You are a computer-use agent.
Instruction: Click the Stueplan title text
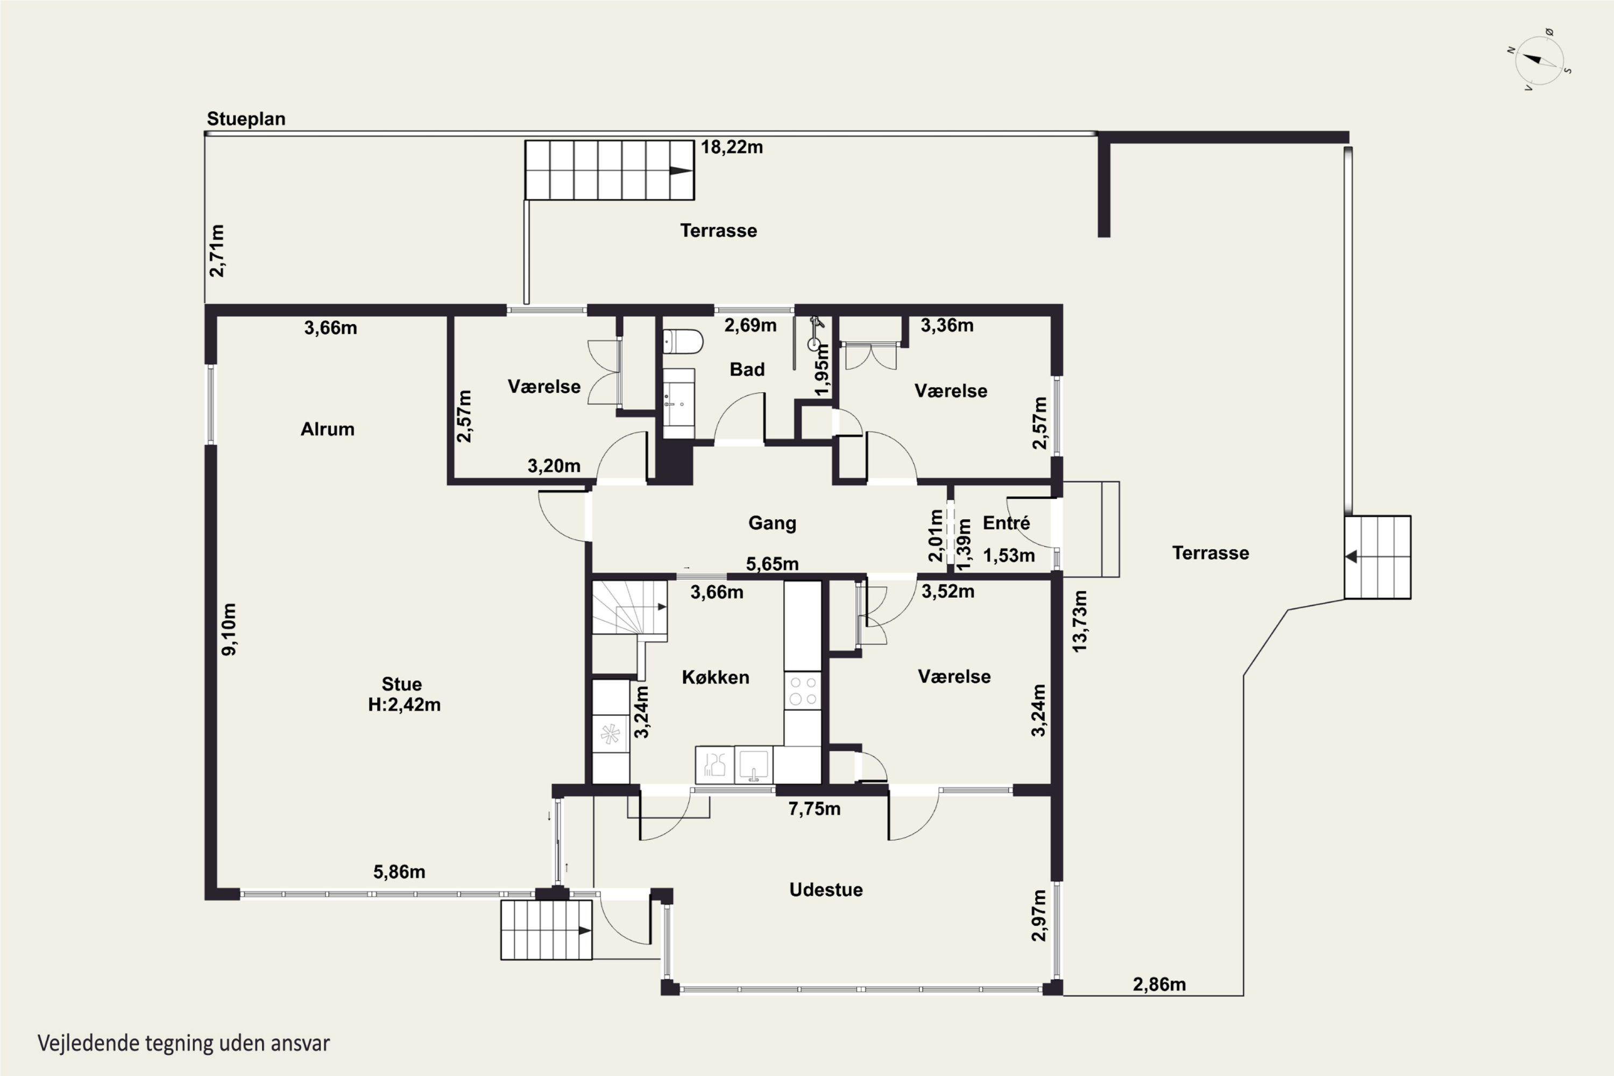coord(246,119)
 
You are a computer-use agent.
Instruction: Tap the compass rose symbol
coord(1539,60)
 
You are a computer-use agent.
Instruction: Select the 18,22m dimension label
coord(732,147)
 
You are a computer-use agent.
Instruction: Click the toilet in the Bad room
coord(683,342)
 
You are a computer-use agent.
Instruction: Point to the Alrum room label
coord(327,429)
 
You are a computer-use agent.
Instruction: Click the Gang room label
coord(772,523)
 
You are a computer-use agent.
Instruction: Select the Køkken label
coord(715,677)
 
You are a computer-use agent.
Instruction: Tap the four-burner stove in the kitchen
coord(803,690)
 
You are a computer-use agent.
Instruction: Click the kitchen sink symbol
coord(754,765)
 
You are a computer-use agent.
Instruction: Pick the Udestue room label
coord(825,890)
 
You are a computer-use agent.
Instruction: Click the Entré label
coord(1006,523)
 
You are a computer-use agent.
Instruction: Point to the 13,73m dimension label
coord(1079,621)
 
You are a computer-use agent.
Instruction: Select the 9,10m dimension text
coord(229,629)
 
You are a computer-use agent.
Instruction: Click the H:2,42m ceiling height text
coord(404,705)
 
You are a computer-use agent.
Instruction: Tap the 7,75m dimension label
coord(814,809)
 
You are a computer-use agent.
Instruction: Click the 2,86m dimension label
coord(1159,985)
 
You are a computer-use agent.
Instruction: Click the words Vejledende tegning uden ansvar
coord(184,1044)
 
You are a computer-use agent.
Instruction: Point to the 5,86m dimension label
coord(399,872)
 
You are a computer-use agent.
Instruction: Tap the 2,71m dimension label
coord(216,251)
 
